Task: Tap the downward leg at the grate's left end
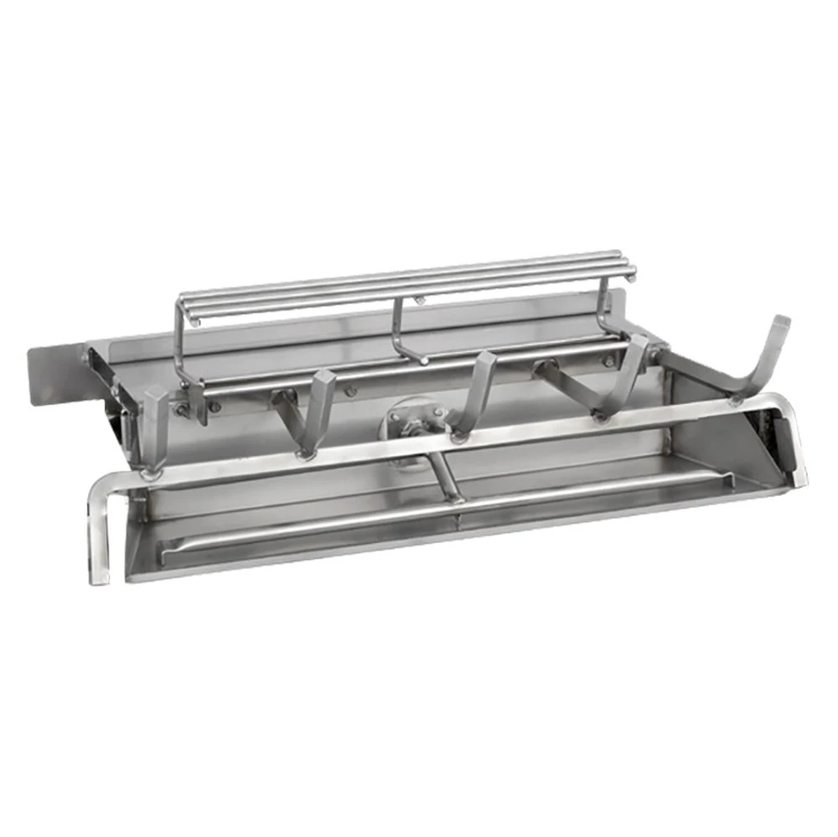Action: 99,536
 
